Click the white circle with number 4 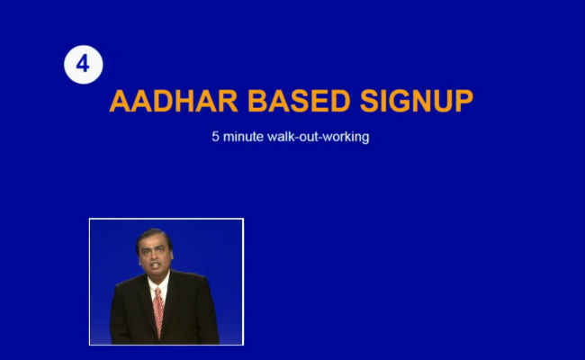pyautogui.click(x=83, y=65)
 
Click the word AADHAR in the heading pyautogui.click(x=174, y=101)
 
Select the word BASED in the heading pyautogui.click(x=299, y=101)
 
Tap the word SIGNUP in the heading pyautogui.click(x=417, y=101)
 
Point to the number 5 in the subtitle pyautogui.click(x=215, y=137)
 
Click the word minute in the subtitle pyautogui.click(x=243, y=137)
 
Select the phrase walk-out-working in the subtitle pyautogui.click(x=319, y=137)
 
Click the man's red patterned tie pyautogui.click(x=158, y=311)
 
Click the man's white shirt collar pyautogui.click(x=159, y=283)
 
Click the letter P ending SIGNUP pyautogui.click(x=464, y=101)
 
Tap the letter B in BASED pyautogui.click(x=257, y=101)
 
